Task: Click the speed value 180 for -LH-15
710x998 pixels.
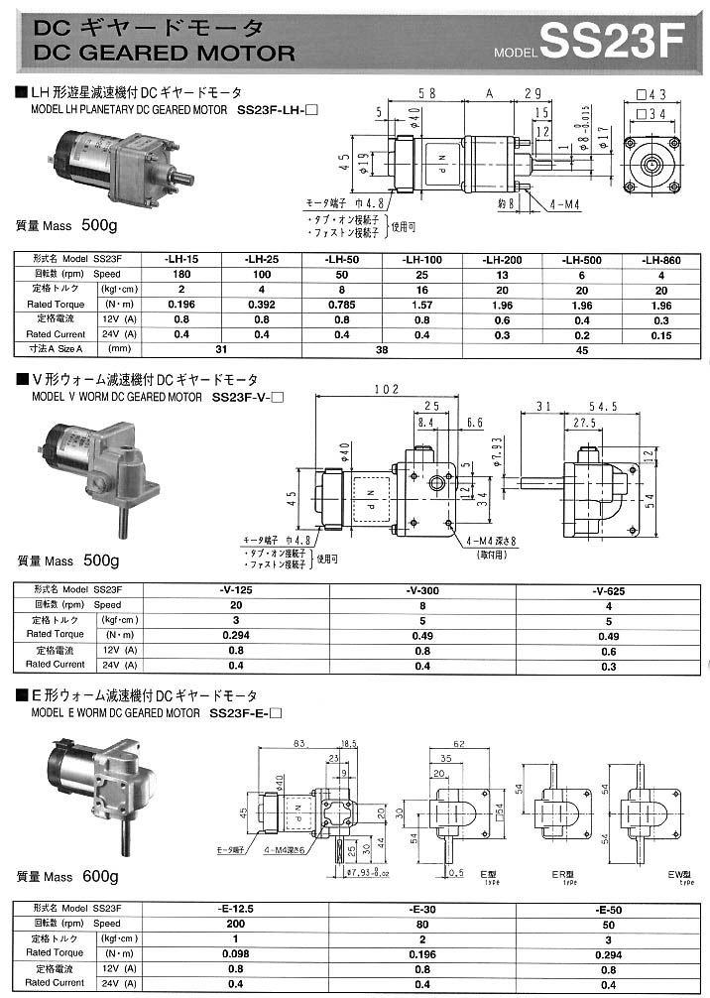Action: [x=182, y=274]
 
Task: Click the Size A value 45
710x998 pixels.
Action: [x=582, y=350]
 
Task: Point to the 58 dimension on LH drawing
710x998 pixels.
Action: [x=427, y=94]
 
